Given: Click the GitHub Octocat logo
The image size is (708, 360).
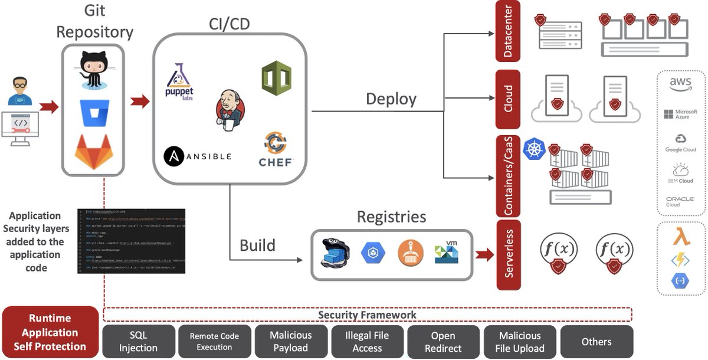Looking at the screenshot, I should click(x=94, y=69).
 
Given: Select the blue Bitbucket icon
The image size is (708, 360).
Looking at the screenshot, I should click(x=94, y=112).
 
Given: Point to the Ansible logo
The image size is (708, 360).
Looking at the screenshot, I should click(x=198, y=156).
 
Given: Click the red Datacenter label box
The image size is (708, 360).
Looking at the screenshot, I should click(x=508, y=31).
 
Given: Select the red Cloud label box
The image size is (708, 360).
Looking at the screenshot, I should click(x=508, y=99).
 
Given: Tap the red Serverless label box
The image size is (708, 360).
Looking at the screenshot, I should click(x=509, y=254).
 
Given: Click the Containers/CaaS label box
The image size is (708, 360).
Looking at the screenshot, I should click(x=508, y=175).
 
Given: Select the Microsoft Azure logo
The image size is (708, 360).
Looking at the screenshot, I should click(x=680, y=114).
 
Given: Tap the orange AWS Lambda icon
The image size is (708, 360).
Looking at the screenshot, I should click(x=681, y=237).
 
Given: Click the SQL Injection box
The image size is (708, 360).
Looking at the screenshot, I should click(x=139, y=341).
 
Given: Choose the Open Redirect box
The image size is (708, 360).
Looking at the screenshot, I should click(x=442, y=341).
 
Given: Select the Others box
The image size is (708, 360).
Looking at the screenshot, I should click(x=596, y=341).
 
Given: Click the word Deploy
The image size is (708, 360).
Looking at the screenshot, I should click(x=391, y=99).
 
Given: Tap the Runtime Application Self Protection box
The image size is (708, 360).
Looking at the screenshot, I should click(x=50, y=332).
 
